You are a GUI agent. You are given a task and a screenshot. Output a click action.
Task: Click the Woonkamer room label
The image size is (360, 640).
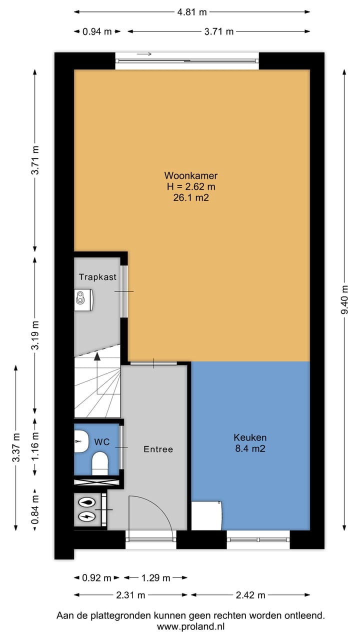pyautogui.click(x=191, y=175)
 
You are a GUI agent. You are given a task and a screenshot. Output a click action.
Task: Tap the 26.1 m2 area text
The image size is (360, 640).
pyautogui.click(x=191, y=197)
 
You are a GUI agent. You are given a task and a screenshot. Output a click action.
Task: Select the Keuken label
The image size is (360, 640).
pyautogui.click(x=250, y=437)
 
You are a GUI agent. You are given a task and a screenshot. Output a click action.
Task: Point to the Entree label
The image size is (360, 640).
pyautogui.click(x=158, y=449)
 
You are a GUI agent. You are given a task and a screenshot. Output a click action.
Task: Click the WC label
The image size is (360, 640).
pyautogui.click(x=102, y=441)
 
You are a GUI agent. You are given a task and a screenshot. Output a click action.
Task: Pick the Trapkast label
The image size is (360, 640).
pyautogui.click(x=97, y=277)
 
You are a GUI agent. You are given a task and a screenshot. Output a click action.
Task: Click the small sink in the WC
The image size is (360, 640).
pyautogui.click(x=81, y=441)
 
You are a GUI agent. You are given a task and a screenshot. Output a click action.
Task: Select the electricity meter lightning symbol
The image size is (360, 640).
pyautogui.click(x=87, y=516)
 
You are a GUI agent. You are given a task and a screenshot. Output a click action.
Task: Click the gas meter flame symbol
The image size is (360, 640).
pyautogui.click(x=87, y=502)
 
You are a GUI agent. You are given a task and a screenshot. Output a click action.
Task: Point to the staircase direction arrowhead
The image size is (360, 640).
pyautogui.click(x=97, y=356)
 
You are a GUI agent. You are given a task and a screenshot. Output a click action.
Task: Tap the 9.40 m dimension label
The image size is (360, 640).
pyautogui.click(x=344, y=299)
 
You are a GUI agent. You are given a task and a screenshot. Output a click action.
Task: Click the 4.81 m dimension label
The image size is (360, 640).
pyautogui.click(x=192, y=12)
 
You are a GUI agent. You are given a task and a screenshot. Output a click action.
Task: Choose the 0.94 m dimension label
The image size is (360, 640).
pyautogui.click(x=97, y=31)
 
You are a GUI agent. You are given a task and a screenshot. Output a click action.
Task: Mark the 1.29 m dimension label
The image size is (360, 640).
pyautogui.click(x=155, y=578)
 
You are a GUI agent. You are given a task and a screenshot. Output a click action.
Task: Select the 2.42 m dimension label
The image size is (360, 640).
pyautogui.click(x=250, y=595)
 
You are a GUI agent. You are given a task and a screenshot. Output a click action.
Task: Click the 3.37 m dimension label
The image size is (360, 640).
pyautogui.click(x=16, y=447)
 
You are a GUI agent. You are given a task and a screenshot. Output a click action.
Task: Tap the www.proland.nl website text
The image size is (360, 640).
pyautogui.click(x=190, y=627)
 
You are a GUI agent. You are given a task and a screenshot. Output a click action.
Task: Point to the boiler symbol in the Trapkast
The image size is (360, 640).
pyautogui.click(x=83, y=299)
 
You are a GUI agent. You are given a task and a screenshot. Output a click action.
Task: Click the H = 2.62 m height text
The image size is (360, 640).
pyautogui.click(x=191, y=186)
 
